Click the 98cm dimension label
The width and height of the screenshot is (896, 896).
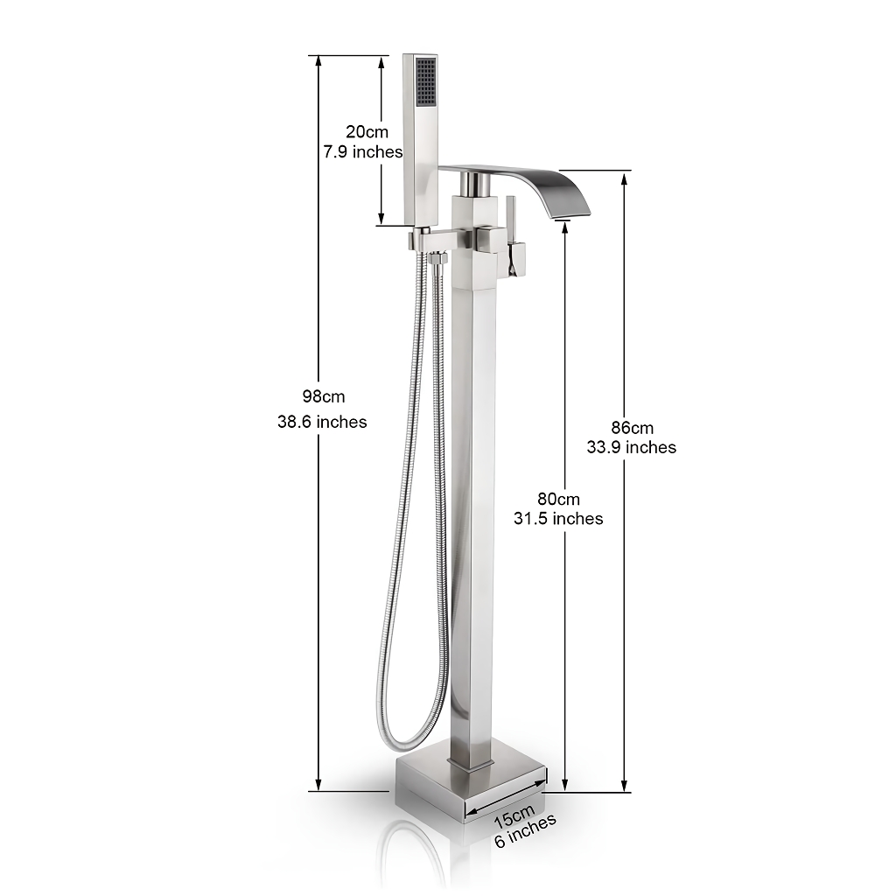point(324,396)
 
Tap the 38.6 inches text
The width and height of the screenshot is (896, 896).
point(322,422)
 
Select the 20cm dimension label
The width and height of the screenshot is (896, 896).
point(367,131)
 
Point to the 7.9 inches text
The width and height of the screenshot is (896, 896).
point(363,152)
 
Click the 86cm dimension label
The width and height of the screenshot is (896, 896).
point(632,427)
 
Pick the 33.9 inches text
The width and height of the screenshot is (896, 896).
point(632,447)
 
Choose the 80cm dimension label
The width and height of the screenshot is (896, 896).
point(558,499)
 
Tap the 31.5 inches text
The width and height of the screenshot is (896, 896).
point(558,518)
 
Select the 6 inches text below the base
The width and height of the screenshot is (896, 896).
point(525,830)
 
